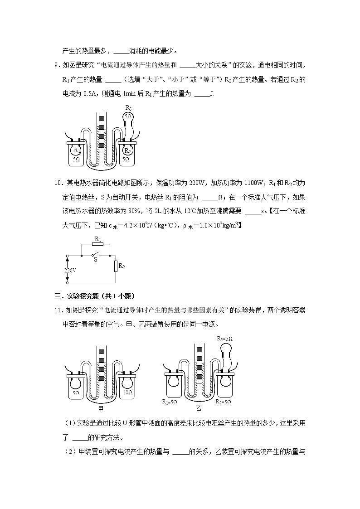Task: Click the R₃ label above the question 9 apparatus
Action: click(x=128, y=108)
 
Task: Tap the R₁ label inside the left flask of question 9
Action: click(x=78, y=150)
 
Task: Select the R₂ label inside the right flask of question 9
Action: click(x=128, y=150)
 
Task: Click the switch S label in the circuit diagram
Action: click(x=95, y=260)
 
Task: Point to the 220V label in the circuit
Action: click(x=71, y=270)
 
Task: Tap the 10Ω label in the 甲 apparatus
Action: click(x=127, y=393)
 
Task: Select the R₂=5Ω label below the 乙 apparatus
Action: click(x=223, y=402)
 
